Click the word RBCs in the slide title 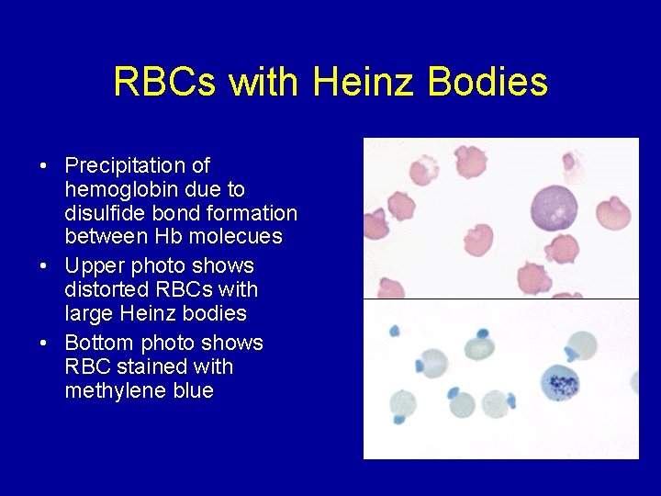(x=166, y=82)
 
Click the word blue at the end (x=193, y=391)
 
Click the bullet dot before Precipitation (x=44, y=167)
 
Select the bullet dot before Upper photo (x=44, y=266)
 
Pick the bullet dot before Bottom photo (x=44, y=343)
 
